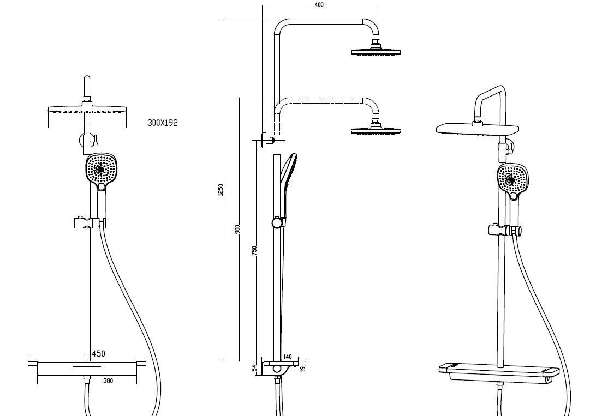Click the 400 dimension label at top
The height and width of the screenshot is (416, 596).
click(319, 4)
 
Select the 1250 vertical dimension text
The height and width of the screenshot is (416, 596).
click(220, 189)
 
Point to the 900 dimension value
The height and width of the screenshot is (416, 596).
click(237, 229)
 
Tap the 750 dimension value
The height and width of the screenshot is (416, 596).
click(254, 250)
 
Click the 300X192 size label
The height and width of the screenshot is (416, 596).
click(163, 123)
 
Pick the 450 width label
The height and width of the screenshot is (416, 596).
click(98, 354)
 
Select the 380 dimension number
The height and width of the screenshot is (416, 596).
click(108, 381)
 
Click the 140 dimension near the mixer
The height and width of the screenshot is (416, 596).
click(288, 357)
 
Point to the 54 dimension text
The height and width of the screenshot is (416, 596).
click(254, 369)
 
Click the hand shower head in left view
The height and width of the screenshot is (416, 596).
click(101, 169)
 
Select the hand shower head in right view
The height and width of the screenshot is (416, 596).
click(513, 179)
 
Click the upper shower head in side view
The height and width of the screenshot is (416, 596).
click(376, 52)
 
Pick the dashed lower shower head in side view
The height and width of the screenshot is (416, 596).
click(376, 130)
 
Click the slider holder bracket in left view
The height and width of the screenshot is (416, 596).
click(88, 223)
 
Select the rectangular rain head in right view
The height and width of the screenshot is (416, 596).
click(477, 129)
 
